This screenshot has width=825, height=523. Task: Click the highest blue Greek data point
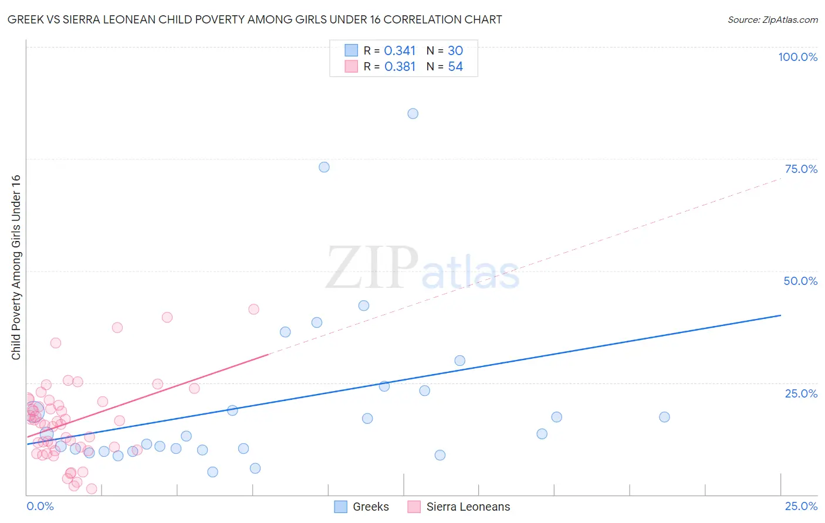click(x=413, y=114)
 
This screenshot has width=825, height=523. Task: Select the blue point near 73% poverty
click(x=324, y=167)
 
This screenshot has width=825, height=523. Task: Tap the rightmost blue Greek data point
click(x=664, y=417)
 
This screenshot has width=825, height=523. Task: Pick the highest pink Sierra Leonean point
click(x=253, y=309)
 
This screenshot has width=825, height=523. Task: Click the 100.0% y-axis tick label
click(x=797, y=57)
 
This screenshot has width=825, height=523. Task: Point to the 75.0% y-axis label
click(x=801, y=169)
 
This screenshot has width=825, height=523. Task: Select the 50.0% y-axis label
click(x=800, y=281)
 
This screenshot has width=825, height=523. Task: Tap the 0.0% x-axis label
click(x=40, y=506)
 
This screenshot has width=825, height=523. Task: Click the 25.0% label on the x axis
click(x=801, y=506)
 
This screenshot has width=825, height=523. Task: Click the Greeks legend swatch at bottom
click(x=340, y=507)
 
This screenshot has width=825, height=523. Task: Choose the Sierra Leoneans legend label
click(x=468, y=507)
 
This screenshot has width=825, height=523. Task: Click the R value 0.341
click(x=400, y=51)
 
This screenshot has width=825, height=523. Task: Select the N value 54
click(x=455, y=67)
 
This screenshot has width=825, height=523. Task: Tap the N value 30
click(x=455, y=51)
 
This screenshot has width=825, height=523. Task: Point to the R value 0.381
click(x=400, y=67)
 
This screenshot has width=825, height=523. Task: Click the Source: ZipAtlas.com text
click(x=772, y=20)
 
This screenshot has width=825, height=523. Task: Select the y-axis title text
click(x=16, y=267)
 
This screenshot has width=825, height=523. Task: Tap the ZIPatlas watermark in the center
click(x=422, y=268)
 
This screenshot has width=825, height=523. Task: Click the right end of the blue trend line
click(x=780, y=315)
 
